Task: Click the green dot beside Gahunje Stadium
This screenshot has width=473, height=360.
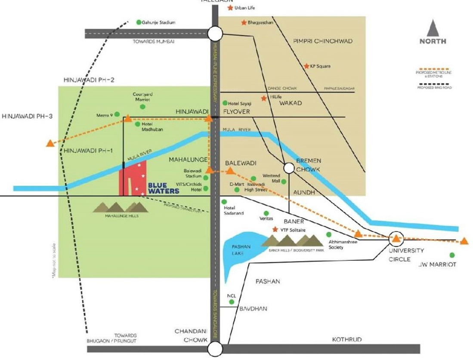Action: pos(139,22)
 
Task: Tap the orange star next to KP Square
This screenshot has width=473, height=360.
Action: pos(306,66)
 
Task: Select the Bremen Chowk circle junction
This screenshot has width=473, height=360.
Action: pos(289,168)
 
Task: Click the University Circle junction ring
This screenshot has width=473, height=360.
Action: pos(396,238)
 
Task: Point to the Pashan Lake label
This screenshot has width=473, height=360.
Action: pos(238,250)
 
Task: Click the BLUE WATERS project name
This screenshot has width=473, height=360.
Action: pos(163,188)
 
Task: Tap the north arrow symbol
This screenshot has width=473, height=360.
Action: pos(433,29)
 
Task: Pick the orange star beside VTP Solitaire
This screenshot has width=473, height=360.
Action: pos(275,230)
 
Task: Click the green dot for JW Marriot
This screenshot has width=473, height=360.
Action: pos(452,255)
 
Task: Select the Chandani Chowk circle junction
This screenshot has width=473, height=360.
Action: pos(216,348)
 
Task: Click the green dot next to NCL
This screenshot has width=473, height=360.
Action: pos(232,302)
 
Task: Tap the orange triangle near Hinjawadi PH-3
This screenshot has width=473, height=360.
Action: pos(50,144)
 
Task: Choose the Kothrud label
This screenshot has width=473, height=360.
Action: pos(347,340)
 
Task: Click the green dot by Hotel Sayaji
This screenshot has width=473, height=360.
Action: pos(225,103)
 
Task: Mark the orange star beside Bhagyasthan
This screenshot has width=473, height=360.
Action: pos(244,22)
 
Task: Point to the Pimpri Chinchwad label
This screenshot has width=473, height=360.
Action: pos(323,41)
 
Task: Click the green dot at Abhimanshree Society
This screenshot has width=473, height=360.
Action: pos(329,235)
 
